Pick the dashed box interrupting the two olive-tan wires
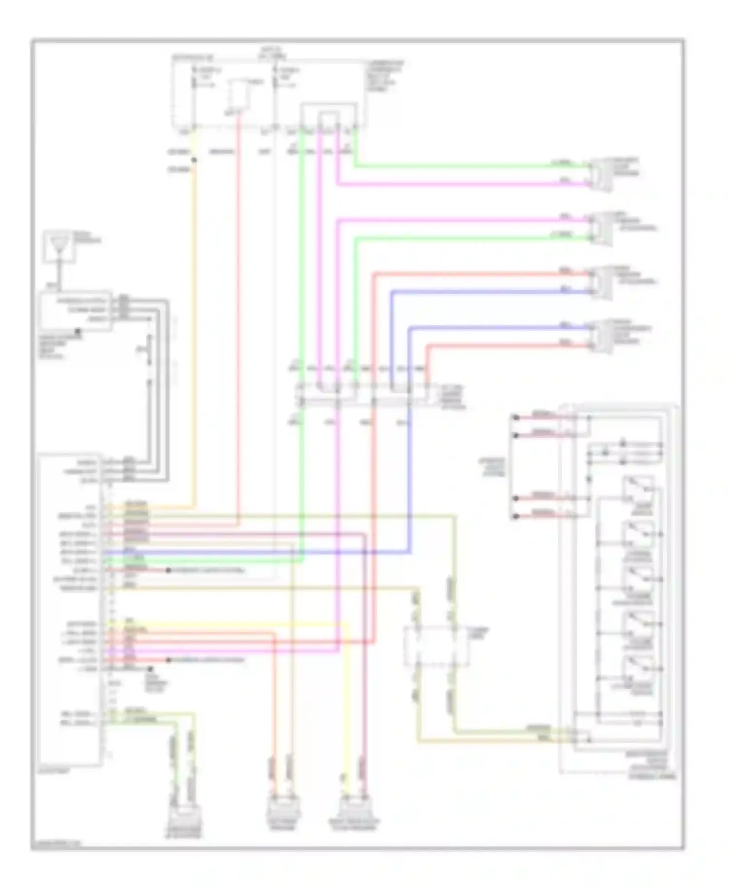pos(436,646)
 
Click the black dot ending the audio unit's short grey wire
pos(150,670)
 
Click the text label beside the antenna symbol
pos(87,238)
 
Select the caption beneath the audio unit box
pos(54,772)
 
